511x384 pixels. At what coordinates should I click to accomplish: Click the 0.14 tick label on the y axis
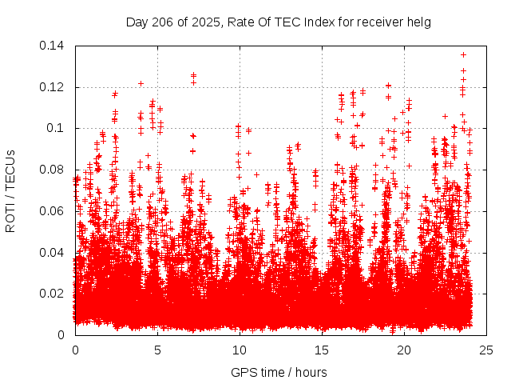pyautogui.click(x=53, y=46)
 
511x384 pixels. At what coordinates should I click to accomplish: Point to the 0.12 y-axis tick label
pyautogui.click(x=53, y=87)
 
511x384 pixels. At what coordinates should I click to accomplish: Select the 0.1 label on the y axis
pyautogui.click(x=57, y=128)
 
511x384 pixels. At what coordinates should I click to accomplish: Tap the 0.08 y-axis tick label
pyautogui.click(x=53, y=170)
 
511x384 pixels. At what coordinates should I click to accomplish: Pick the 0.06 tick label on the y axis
pyautogui.click(x=53, y=211)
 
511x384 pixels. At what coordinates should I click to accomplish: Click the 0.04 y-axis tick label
pyautogui.click(x=53, y=253)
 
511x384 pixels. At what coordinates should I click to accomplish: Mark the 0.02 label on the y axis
pyautogui.click(x=53, y=294)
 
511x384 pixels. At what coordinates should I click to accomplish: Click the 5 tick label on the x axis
pyautogui.click(x=157, y=350)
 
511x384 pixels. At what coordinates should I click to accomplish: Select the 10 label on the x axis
pyautogui.click(x=240, y=350)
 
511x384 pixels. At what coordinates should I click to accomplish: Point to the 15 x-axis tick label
pyautogui.click(x=322, y=350)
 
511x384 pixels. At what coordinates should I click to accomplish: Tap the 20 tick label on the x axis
pyautogui.click(x=404, y=350)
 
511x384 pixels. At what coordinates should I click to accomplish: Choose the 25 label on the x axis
pyautogui.click(x=486, y=350)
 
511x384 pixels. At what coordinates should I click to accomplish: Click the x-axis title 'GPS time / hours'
pyautogui.click(x=280, y=372)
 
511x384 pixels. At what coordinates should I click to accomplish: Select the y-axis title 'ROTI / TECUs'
pyautogui.click(x=11, y=190)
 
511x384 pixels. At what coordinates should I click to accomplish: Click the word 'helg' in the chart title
pyautogui.click(x=417, y=22)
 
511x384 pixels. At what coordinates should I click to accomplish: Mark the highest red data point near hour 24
pyautogui.click(x=463, y=54)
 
